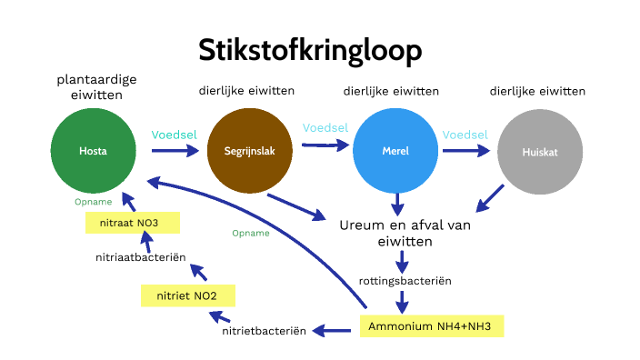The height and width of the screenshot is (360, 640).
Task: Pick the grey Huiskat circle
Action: [538, 152]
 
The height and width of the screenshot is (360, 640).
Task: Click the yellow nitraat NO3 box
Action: [133, 223]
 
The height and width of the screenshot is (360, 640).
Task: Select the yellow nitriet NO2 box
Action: [188, 295]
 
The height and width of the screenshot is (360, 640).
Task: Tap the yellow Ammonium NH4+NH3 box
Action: [431, 325]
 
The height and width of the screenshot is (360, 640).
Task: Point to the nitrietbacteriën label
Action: [264, 331]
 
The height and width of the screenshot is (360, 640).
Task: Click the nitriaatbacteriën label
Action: [141, 257]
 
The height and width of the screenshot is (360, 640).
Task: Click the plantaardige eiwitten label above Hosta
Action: [94, 87]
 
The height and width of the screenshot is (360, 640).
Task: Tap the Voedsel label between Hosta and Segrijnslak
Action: [175, 135]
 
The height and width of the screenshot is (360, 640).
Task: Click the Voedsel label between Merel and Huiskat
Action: [465, 135]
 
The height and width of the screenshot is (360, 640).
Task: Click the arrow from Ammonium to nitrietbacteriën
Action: [334, 329]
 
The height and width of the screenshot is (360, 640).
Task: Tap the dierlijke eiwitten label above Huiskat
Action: [537, 92]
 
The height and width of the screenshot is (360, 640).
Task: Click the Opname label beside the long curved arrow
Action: [251, 233]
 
